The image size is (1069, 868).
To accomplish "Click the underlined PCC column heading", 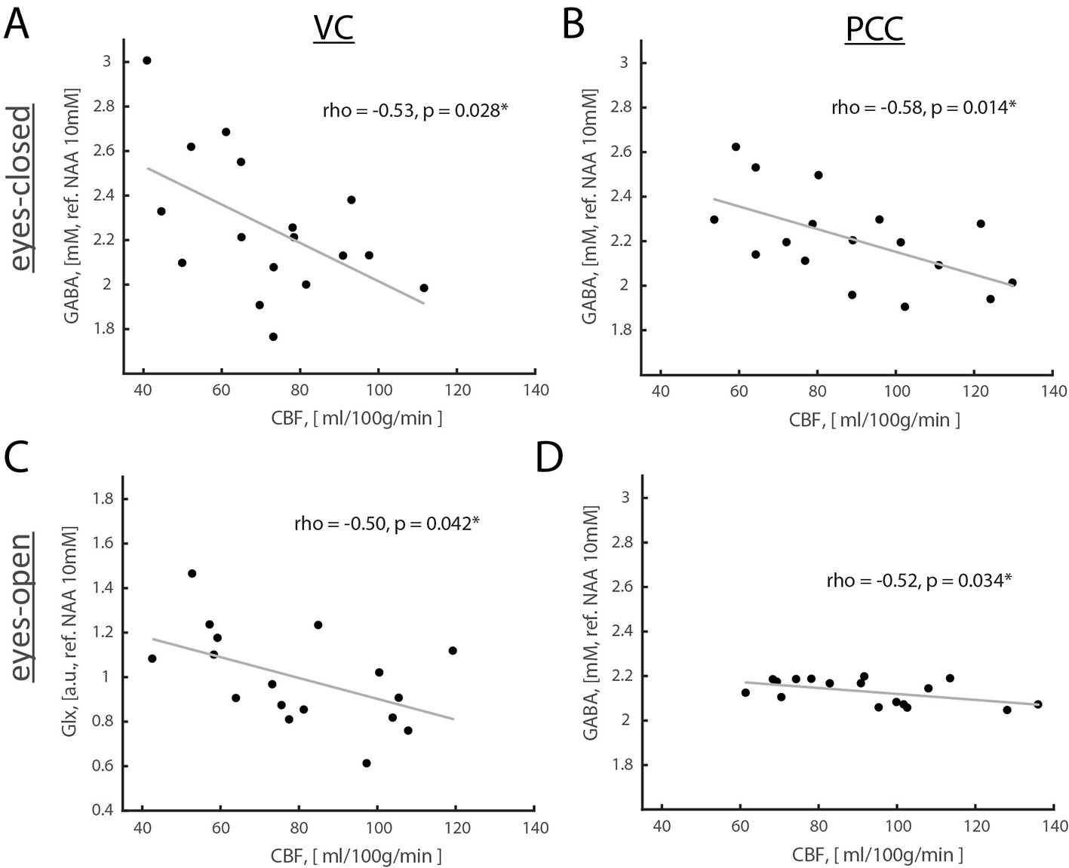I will point(874,30).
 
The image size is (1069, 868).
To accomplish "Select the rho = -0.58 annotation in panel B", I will point(923,107).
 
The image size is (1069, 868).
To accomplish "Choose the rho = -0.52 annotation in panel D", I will point(919,581).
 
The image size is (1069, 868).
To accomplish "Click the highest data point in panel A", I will point(147,60).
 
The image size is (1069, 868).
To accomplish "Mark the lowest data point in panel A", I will point(273,336).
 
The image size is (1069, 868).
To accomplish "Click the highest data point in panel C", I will point(192,573).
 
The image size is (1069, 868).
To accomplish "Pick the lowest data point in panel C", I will point(367,763).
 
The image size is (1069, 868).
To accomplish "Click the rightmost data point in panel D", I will point(1038,704).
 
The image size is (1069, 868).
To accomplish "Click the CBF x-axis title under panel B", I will point(874,419).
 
